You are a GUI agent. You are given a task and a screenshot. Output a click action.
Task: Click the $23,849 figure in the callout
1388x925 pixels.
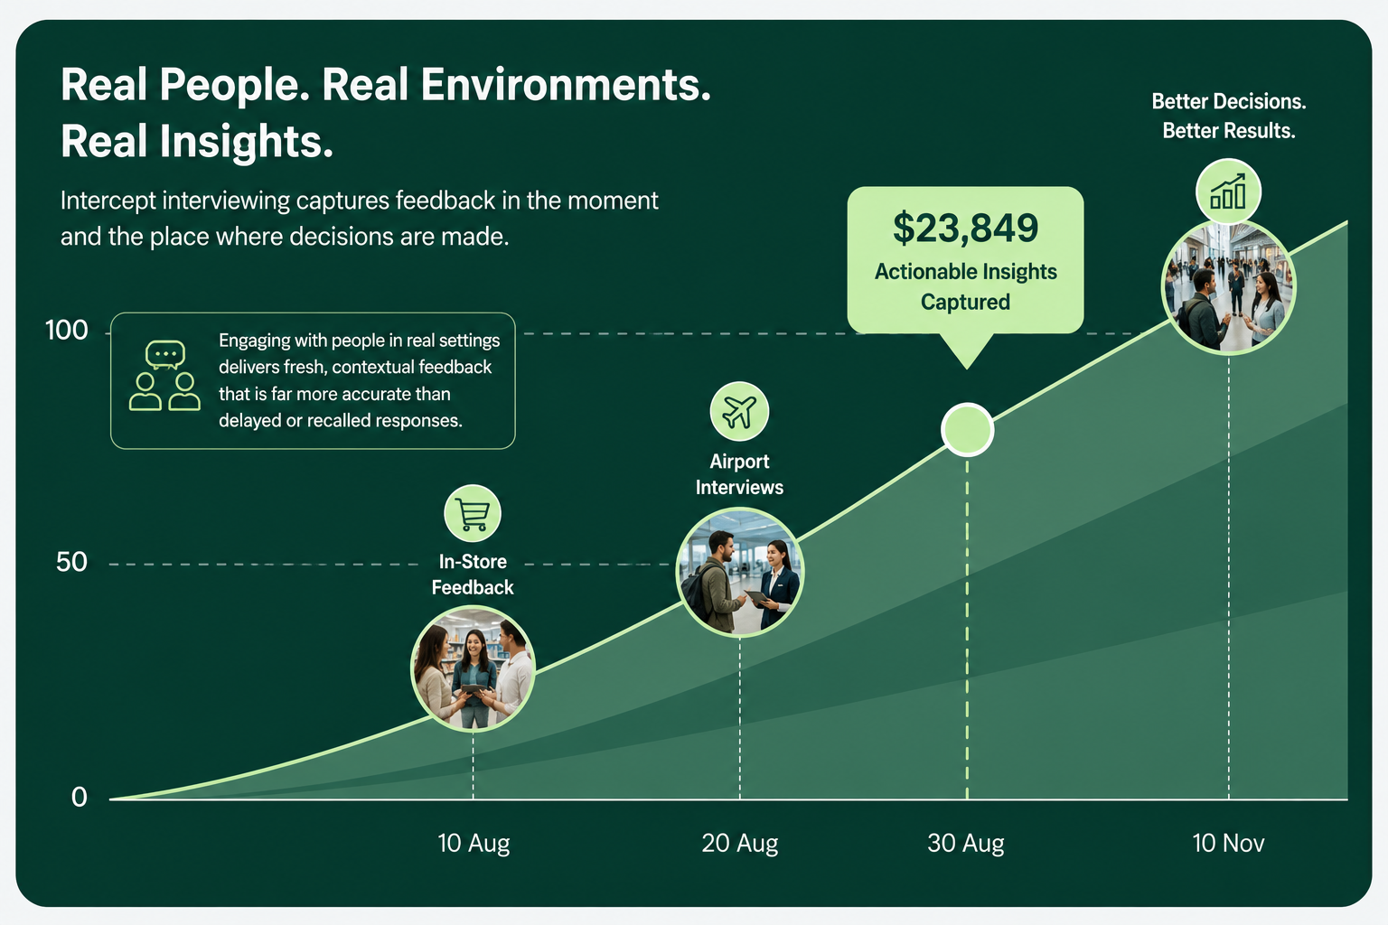pyautogui.click(x=965, y=228)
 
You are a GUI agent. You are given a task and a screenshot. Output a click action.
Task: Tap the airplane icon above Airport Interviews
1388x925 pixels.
pyautogui.click(x=739, y=411)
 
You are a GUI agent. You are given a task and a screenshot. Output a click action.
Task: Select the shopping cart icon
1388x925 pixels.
pyautogui.click(x=473, y=514)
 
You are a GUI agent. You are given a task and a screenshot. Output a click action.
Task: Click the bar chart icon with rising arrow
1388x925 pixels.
pyautogui.click(x=1228, y=192)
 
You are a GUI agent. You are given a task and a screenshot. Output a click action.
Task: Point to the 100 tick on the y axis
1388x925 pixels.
pyautogui.click(x=66, y=331)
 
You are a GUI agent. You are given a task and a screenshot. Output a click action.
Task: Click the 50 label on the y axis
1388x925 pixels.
pyautogui.click(x=71, y=562)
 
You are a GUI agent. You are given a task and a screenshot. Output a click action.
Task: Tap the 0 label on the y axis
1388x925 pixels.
pyautogui.click(x=79, y=797)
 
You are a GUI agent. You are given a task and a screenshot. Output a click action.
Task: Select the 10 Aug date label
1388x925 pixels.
pyautogui.click(x=474, y=843)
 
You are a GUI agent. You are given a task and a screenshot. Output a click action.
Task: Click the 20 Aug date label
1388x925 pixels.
pyautogui.click(x=739, y=843)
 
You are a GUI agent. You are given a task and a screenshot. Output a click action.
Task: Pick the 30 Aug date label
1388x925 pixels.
pyautogui.click(x=965, y=843)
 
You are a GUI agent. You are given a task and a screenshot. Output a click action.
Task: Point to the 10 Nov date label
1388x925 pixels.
pyautogui.click(x=1228, y=843)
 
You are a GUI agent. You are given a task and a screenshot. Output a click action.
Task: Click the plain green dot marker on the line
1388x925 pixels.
pyautogui.click(x=967, y=430)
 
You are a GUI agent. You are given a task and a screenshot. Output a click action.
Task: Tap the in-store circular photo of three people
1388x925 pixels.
pyautogui.click(x=473, y=668)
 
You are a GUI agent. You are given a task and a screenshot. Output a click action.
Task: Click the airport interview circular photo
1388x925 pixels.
pyautogui.click(x=739, y=572)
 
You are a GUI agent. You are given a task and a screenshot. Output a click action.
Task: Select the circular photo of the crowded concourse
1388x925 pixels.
pyautogui.click(x=1228, y=287)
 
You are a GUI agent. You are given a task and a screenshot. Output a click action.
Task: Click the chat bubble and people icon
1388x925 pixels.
pyautogui.click(x=164, y=376)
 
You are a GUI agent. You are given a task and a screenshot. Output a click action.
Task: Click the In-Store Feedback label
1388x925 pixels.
pyautogui.click(x=473, y=575)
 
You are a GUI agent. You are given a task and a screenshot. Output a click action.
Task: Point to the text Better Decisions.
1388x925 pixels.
pyautogui.click(x=1229, y=101)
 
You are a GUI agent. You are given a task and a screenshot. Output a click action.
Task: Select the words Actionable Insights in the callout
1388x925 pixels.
pyautogui.click(x=965, y=271)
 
